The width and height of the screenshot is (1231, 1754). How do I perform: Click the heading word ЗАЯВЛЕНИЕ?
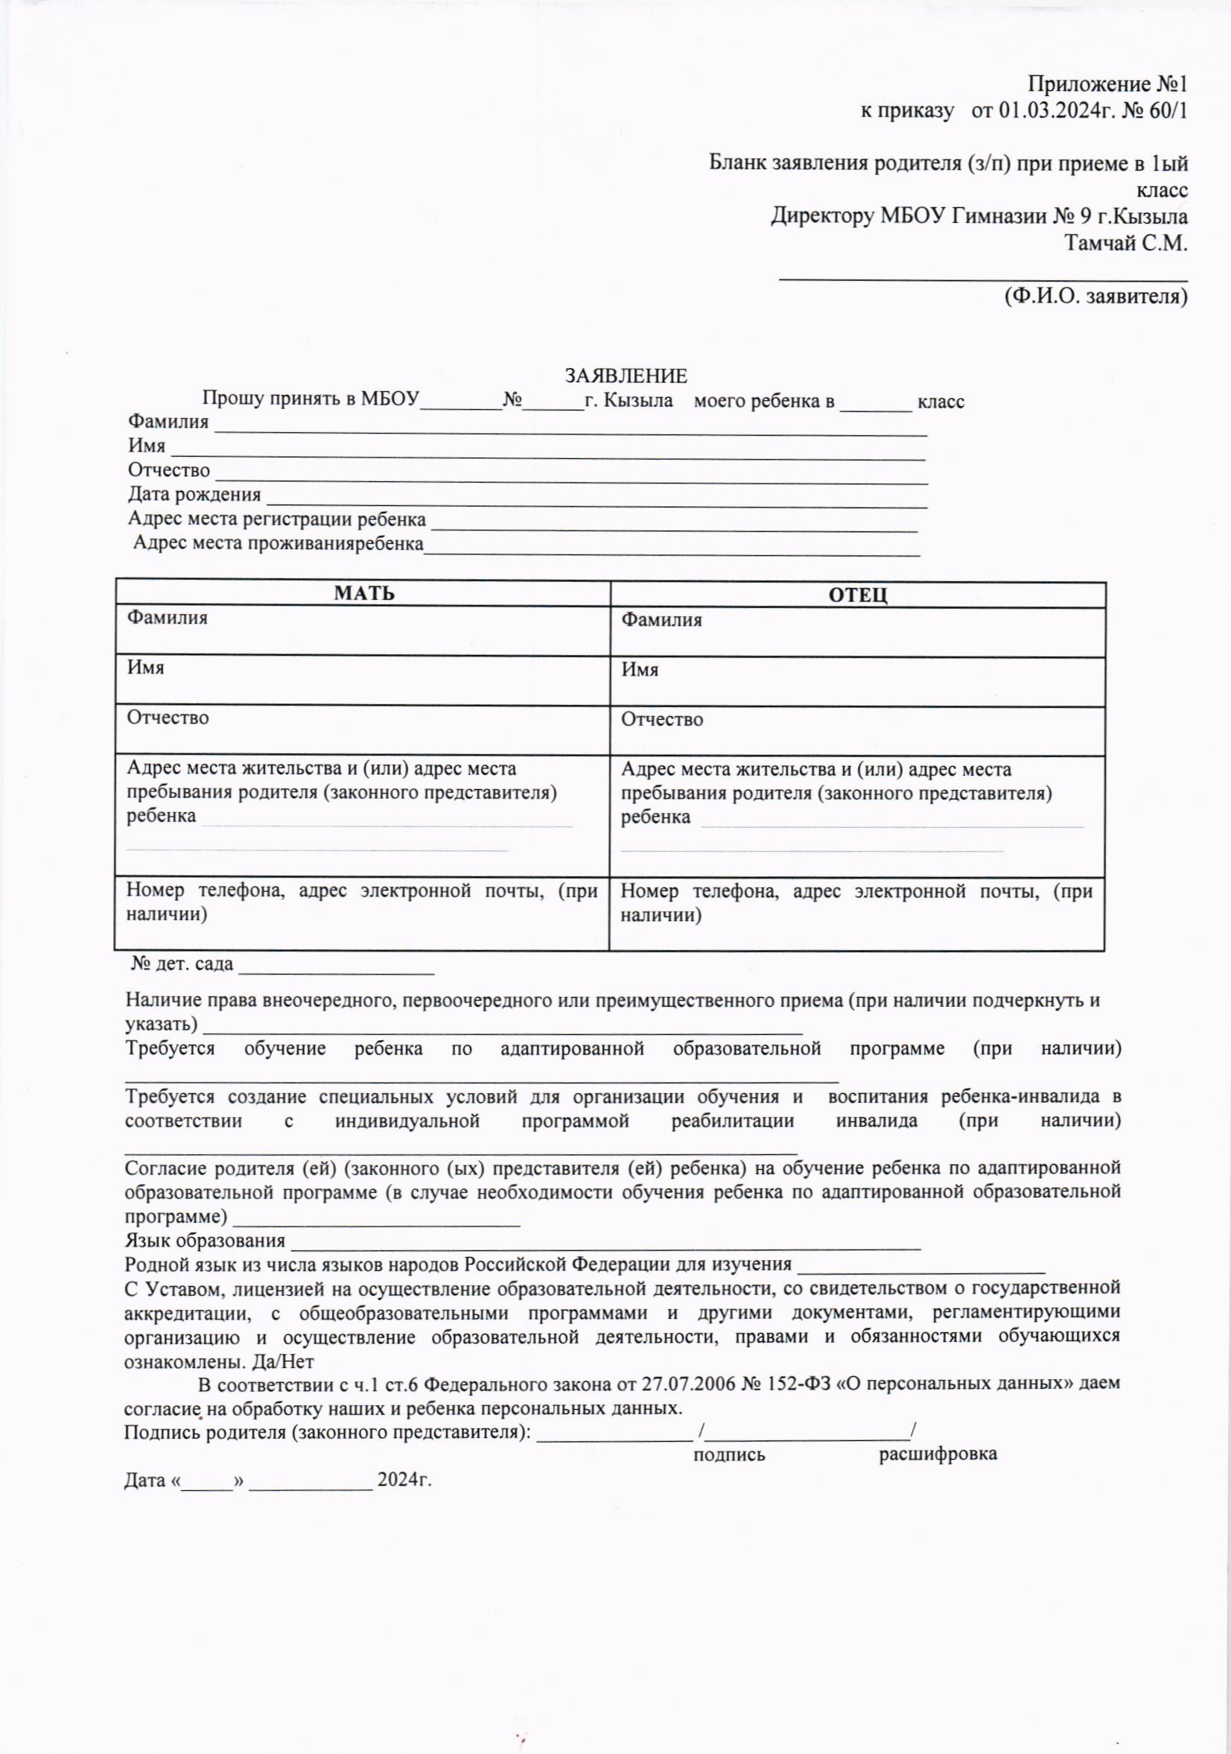pos(626,376)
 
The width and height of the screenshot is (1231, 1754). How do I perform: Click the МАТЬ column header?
pos(364,594)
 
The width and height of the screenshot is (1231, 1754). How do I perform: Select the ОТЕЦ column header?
pos(858,595)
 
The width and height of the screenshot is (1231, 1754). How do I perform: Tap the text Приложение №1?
pos(1107,83)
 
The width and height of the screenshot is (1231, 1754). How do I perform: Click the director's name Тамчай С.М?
pos(1127,244)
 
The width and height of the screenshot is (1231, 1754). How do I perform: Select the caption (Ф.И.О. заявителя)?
pos(1095,296)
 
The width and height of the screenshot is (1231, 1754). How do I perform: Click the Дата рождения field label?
pos(194,495)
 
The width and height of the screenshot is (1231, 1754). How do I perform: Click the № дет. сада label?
pos(182,964)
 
